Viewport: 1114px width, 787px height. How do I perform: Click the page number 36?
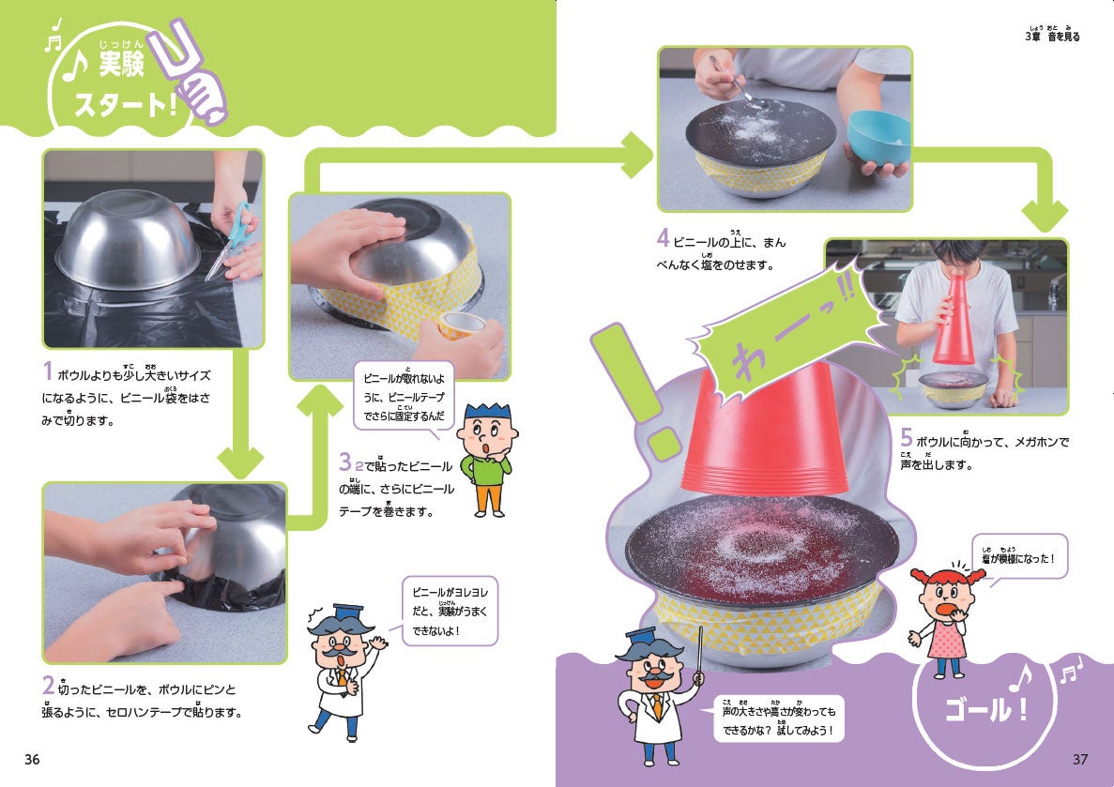click(x=32, y=759)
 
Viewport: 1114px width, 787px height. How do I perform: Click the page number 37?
click(x=1080, y=759)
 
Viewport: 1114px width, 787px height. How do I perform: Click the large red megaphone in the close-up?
click(x=764, y=429)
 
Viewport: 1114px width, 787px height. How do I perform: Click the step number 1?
click(x=48, y=371)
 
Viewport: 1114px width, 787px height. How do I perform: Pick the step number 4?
click(x=663, y=237)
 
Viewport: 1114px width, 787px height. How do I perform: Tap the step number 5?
click(x=906, y=437)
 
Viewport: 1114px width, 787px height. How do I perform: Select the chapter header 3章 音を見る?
click(x=1052, y=36)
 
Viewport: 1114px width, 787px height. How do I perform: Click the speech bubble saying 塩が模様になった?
click(x=1019, y=557)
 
